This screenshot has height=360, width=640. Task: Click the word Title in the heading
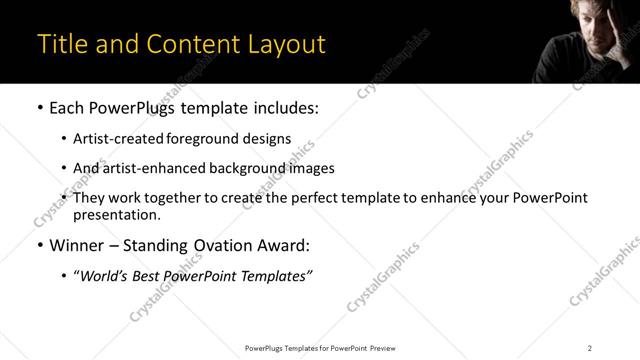point(62,45)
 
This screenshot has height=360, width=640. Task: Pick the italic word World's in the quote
point(105,275)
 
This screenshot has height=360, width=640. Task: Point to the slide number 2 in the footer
point(590,347)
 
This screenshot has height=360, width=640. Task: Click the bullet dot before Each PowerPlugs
point(40,108)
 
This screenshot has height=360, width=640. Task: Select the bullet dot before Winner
point(40,245)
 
